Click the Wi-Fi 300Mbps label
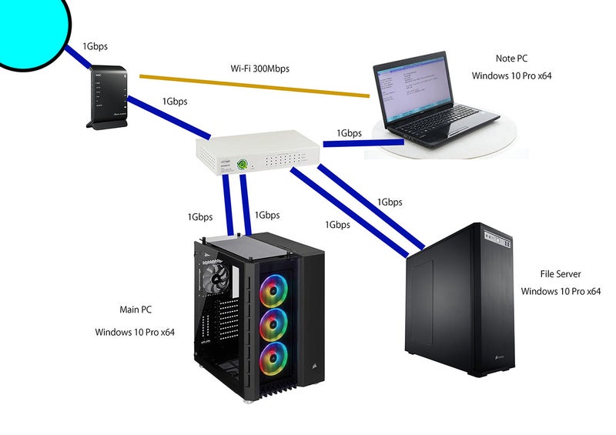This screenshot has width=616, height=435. pos(261,69)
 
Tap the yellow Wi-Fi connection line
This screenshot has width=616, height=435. pos(254,86)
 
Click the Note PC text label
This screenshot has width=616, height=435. pos(511,59)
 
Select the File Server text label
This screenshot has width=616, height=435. pos(560,273)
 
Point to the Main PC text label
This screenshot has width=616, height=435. pos(136,310)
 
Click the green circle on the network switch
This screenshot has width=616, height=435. pos(242,163)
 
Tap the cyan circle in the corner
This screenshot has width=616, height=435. pos(31,27)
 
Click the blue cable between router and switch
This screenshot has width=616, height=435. pos(169,115)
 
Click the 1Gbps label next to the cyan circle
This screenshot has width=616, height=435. pos(95,46)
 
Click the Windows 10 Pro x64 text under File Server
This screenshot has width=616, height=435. pos(560,291)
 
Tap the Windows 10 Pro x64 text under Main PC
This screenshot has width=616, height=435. pos(136,333)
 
